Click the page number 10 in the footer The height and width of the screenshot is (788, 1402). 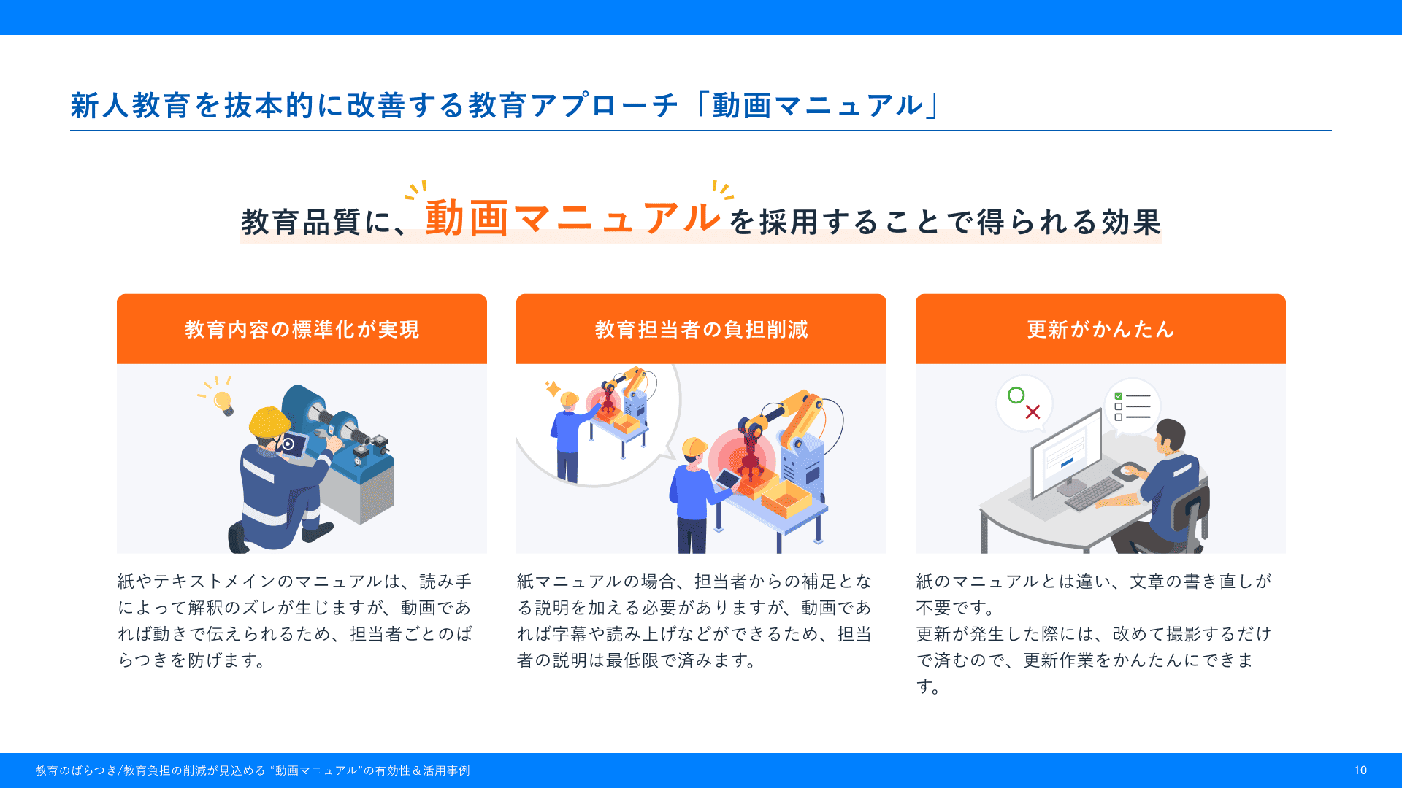[1360, 770]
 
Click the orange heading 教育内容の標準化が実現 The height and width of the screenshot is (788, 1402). [302, 330]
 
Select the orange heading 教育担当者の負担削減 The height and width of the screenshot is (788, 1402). [701, 330]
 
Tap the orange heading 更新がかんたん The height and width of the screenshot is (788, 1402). [1100, 330]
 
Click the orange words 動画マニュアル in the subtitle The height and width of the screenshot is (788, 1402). [573, 218]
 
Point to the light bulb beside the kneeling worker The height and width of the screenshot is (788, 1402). [223, 402]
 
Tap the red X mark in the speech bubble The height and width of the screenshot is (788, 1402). [1033, 412]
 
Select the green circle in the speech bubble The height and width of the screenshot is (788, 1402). [1016, 395]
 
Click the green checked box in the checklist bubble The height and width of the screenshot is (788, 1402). [1118, 396]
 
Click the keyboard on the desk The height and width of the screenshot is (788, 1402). [1094, 494]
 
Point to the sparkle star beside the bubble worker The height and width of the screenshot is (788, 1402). [553, 388]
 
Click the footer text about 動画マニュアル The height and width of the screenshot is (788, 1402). [253, 770]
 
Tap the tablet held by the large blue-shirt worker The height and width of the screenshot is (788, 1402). [729, 479]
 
